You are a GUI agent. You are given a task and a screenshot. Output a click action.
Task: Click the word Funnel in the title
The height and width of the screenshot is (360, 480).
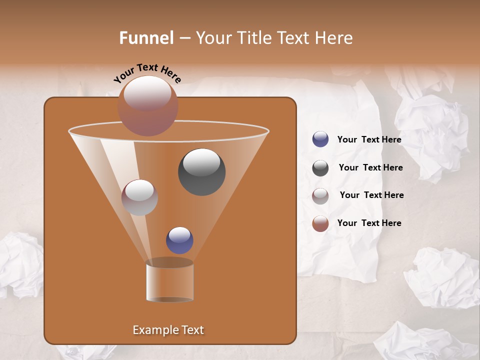[146, 38]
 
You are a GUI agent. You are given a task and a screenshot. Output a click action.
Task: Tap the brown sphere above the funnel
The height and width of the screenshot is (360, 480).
[147, 106]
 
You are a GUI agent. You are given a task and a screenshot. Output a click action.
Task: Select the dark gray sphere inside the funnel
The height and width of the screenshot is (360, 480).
[201, 172]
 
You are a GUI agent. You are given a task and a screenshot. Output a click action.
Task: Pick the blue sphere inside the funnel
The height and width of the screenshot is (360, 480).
[179, 240]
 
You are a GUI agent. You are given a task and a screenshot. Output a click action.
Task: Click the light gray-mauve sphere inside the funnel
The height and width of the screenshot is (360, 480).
[139, 197]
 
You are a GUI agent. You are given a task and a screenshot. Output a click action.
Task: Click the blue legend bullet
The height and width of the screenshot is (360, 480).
[320, 139]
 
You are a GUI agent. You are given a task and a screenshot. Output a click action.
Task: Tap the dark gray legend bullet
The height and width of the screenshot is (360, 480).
[320, 168]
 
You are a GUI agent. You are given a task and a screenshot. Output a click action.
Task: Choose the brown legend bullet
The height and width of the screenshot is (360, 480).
[320, 223]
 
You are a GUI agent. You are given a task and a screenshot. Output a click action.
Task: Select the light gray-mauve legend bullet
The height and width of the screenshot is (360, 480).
[320, 195]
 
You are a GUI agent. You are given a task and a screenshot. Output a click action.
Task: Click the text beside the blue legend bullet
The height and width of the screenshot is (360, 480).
[369, 139]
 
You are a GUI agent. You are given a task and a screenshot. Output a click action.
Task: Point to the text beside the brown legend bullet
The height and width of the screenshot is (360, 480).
[369, 223]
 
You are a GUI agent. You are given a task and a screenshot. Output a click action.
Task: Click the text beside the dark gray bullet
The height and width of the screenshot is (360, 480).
[370, 167]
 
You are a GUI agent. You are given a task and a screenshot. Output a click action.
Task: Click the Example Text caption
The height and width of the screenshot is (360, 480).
[168, 330]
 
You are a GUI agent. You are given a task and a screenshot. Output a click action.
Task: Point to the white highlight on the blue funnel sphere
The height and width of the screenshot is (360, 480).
[179, 234]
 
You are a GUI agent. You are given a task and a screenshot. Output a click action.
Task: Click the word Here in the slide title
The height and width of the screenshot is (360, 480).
[333, 38]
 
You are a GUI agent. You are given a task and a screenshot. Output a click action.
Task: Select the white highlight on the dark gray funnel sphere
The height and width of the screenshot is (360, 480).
[201, 161]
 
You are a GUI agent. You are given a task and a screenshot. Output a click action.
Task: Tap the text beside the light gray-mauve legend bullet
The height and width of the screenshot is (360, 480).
[371, 195]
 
